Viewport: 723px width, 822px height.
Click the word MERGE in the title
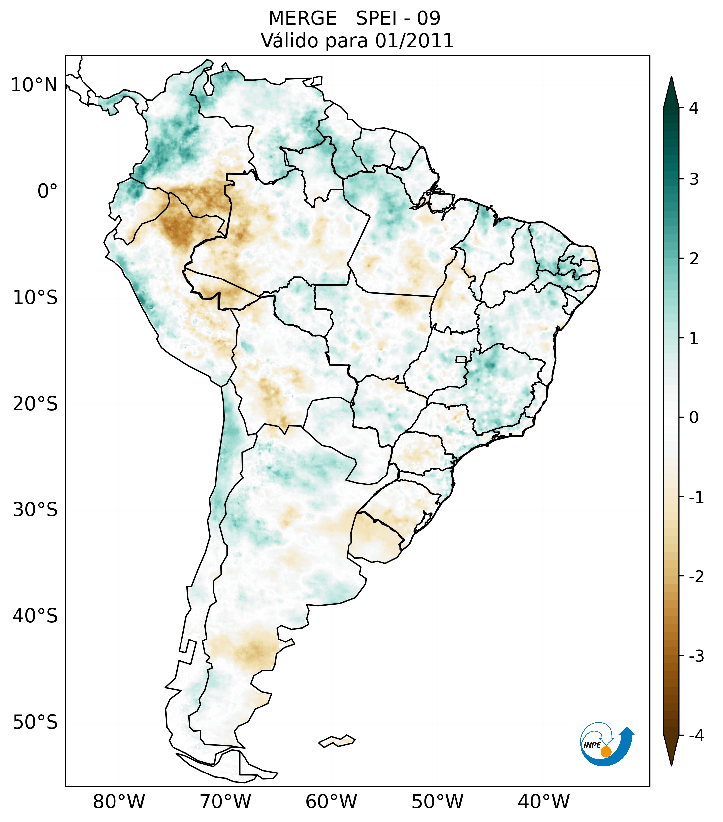pyautogui.click(x=302, y=18)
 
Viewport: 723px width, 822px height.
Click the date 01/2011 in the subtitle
pyautogui.click(x=414, y=41)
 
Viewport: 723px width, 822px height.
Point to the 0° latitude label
pyautogui.click(x=48, y=191)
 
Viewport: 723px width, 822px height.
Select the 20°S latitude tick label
pyautogui.click(x=35, y=404)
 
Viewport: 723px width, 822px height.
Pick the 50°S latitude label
pyautogui.click(x=35, y=722)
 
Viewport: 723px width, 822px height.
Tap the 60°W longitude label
pyautogui.click(x=331, y=802)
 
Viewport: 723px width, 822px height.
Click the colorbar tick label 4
pyautogui.click(x=694, y=108)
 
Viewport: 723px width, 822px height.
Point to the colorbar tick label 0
pyautogui.click(x=694, y=418)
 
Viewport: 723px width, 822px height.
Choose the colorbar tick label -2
pyautogui.click(x=696, y=577)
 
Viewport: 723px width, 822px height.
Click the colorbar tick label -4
pyautogui.click(x=696, y=736)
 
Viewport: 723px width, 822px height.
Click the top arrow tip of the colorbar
pyautogui.click(x=671, y=77)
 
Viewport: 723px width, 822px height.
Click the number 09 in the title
pyautogui.click(x=428, y=18)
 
